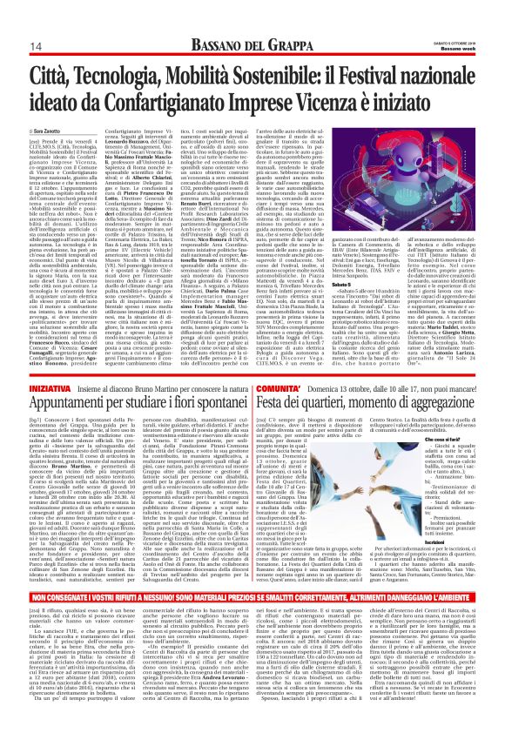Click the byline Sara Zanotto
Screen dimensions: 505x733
pyautogui.click(x=50, y=131)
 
